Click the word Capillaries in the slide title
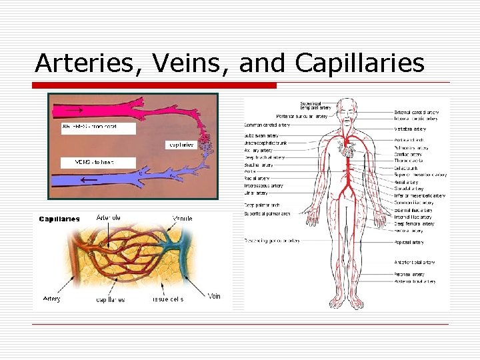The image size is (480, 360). (359, 63)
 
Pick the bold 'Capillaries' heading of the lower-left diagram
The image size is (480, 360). (59, 219)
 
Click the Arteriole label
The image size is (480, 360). (109, 217)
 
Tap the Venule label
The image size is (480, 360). (183, 218)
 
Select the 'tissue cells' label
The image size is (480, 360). (167, 299)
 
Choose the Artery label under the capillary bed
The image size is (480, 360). (52, 299)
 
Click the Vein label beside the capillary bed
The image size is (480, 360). (214, 296)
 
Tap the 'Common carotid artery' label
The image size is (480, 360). (267, 125)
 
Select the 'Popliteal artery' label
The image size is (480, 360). (409, 243)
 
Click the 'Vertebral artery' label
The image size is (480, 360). (410, 129)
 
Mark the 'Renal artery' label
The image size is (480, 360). (406, 181)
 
